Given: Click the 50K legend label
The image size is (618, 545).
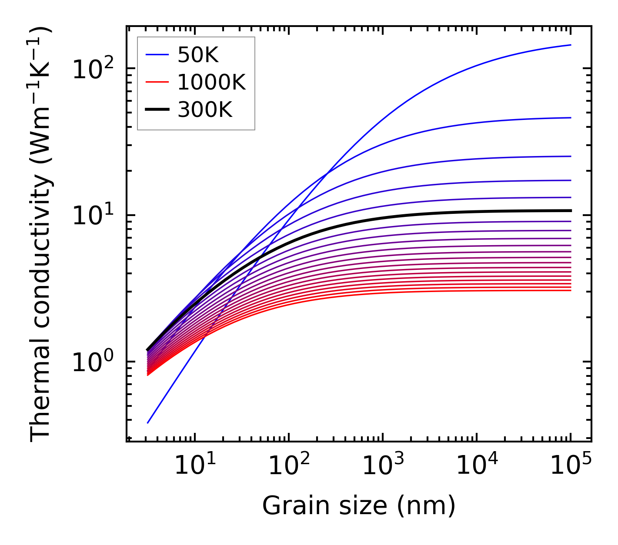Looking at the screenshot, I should tap(198, 55).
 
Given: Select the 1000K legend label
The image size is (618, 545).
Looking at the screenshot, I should tap(211, 82).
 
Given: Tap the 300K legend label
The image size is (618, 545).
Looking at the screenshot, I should tap(205, 110).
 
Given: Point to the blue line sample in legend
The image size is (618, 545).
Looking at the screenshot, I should tap(157, 55).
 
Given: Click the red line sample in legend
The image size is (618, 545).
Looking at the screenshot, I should tap(157, 82).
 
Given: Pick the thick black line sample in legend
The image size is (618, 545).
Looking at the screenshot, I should tap(157, 110).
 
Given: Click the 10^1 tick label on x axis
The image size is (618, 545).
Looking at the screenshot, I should tap(194, 465).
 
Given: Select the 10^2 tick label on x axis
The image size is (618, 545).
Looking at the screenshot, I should tap(288, 465).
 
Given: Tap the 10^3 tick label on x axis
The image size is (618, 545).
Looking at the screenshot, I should tap(382, 465).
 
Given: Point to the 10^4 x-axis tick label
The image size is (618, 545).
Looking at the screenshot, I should tap(476, 465).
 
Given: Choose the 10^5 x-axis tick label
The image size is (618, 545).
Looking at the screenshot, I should tap(570, 465).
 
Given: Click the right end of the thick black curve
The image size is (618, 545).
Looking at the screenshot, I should tap(570, 210).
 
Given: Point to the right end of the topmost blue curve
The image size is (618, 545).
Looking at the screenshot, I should tap(570, 45).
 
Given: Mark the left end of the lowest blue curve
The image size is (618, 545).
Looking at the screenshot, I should tap(148, 422).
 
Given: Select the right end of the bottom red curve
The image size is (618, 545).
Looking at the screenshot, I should tap(570, 290).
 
